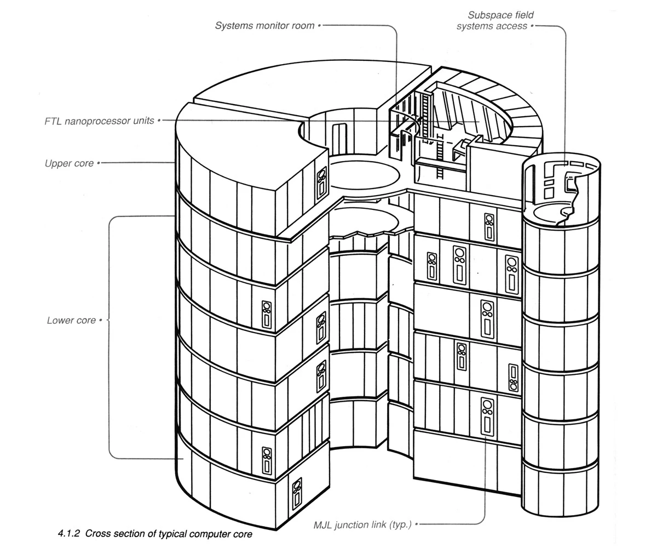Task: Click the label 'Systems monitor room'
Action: point(264,26)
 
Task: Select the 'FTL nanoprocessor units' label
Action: point(99,121)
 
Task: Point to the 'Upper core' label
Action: point(69,163)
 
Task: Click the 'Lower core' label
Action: point(71,320)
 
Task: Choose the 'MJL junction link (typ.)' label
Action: point(362,524)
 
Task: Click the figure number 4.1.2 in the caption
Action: point(69,533)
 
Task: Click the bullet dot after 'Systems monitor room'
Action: point(319,25)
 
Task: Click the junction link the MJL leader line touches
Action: point(486,418)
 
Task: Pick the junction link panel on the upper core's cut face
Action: point(321,182)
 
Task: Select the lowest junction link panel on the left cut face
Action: point(297,493)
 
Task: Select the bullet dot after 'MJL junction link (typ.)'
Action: point(416,524)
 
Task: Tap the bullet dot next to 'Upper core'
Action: point(99,163)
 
